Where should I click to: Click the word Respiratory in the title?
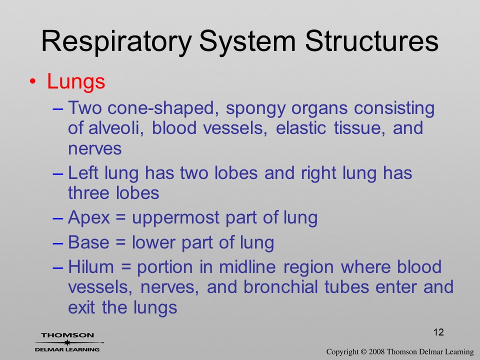[x=116, y=42]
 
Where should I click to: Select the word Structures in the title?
[x=371, y=41]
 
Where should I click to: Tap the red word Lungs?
[x=76, y=81]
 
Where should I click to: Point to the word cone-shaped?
[x=163, y=108]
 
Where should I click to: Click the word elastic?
[x=301, y=128]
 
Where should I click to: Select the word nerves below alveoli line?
[x=95, y=149]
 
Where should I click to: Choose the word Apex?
[x=89, y=218]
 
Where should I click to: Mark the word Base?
[x=88, y=242]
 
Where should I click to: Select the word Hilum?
[x=91, y=266]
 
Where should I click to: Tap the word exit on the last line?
[x=81, y=307]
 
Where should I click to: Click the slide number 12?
[x=438, y=332]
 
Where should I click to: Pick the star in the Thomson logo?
[x=67, y=342]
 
